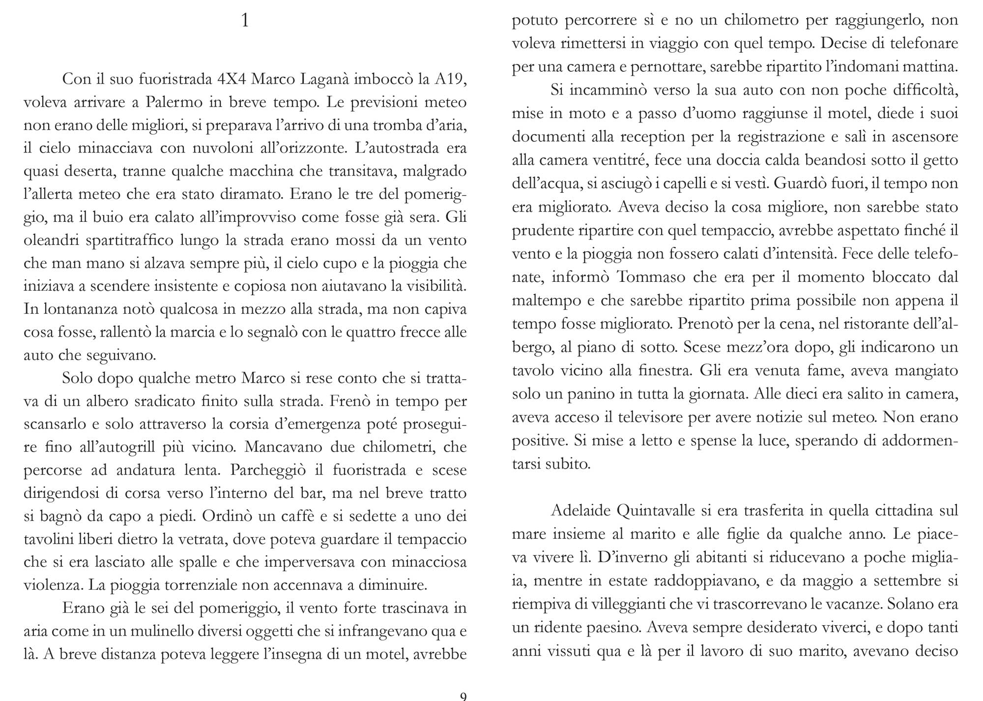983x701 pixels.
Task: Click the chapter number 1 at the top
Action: [245, 21]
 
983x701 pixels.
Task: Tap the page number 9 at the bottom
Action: [463, 696]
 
